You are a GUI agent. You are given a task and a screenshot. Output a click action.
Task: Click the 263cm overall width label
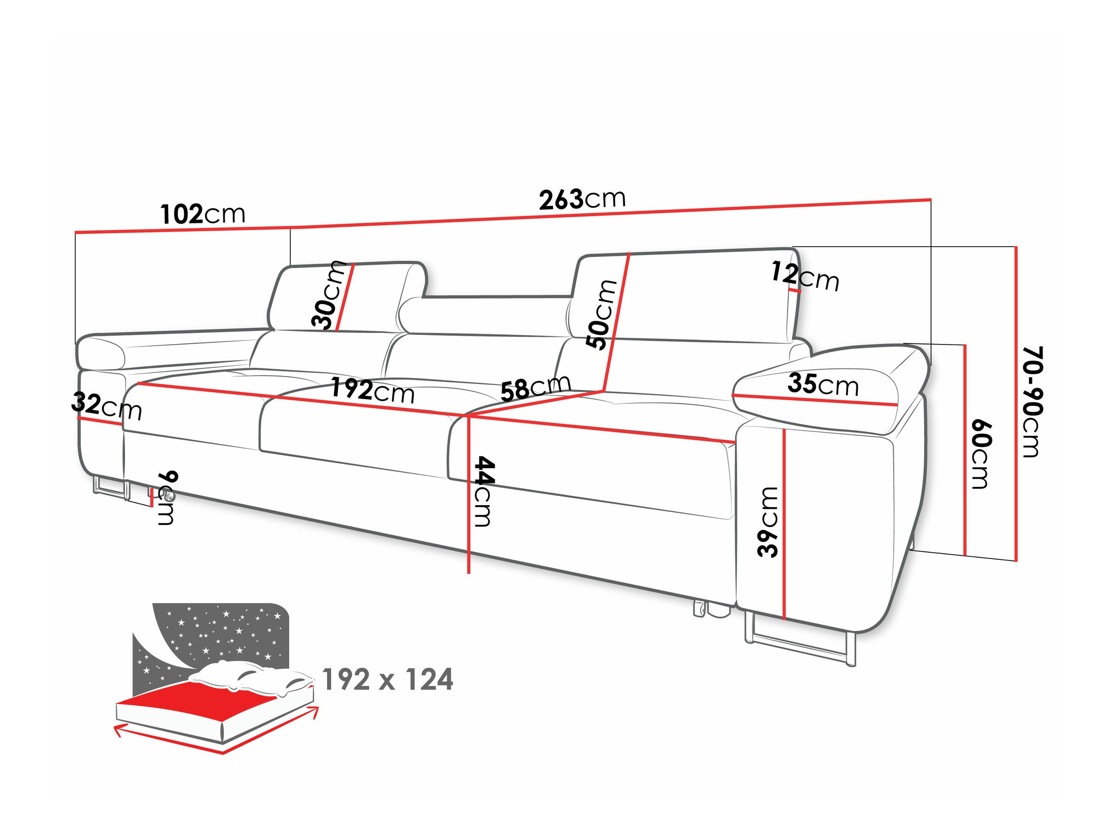click(582, 199)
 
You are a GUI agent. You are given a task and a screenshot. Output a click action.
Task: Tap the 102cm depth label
click(203, 214)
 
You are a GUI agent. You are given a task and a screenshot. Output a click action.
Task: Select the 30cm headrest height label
click(328, 295)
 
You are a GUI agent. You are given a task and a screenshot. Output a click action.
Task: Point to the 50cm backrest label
click(602, 314)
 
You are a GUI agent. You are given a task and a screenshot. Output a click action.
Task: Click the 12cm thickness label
click(805, 277)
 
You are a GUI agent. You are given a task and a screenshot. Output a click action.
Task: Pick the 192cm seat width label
click(372, 390)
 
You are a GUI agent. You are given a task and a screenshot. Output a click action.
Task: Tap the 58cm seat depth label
click(536, 388)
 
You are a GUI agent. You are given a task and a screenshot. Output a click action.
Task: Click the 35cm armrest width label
click(823, 385)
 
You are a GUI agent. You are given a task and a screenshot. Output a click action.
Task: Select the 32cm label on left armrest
click(106, 406)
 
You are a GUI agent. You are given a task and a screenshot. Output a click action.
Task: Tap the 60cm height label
click(980, 454)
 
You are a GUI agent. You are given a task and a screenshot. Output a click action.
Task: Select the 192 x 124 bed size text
click(387, 679)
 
